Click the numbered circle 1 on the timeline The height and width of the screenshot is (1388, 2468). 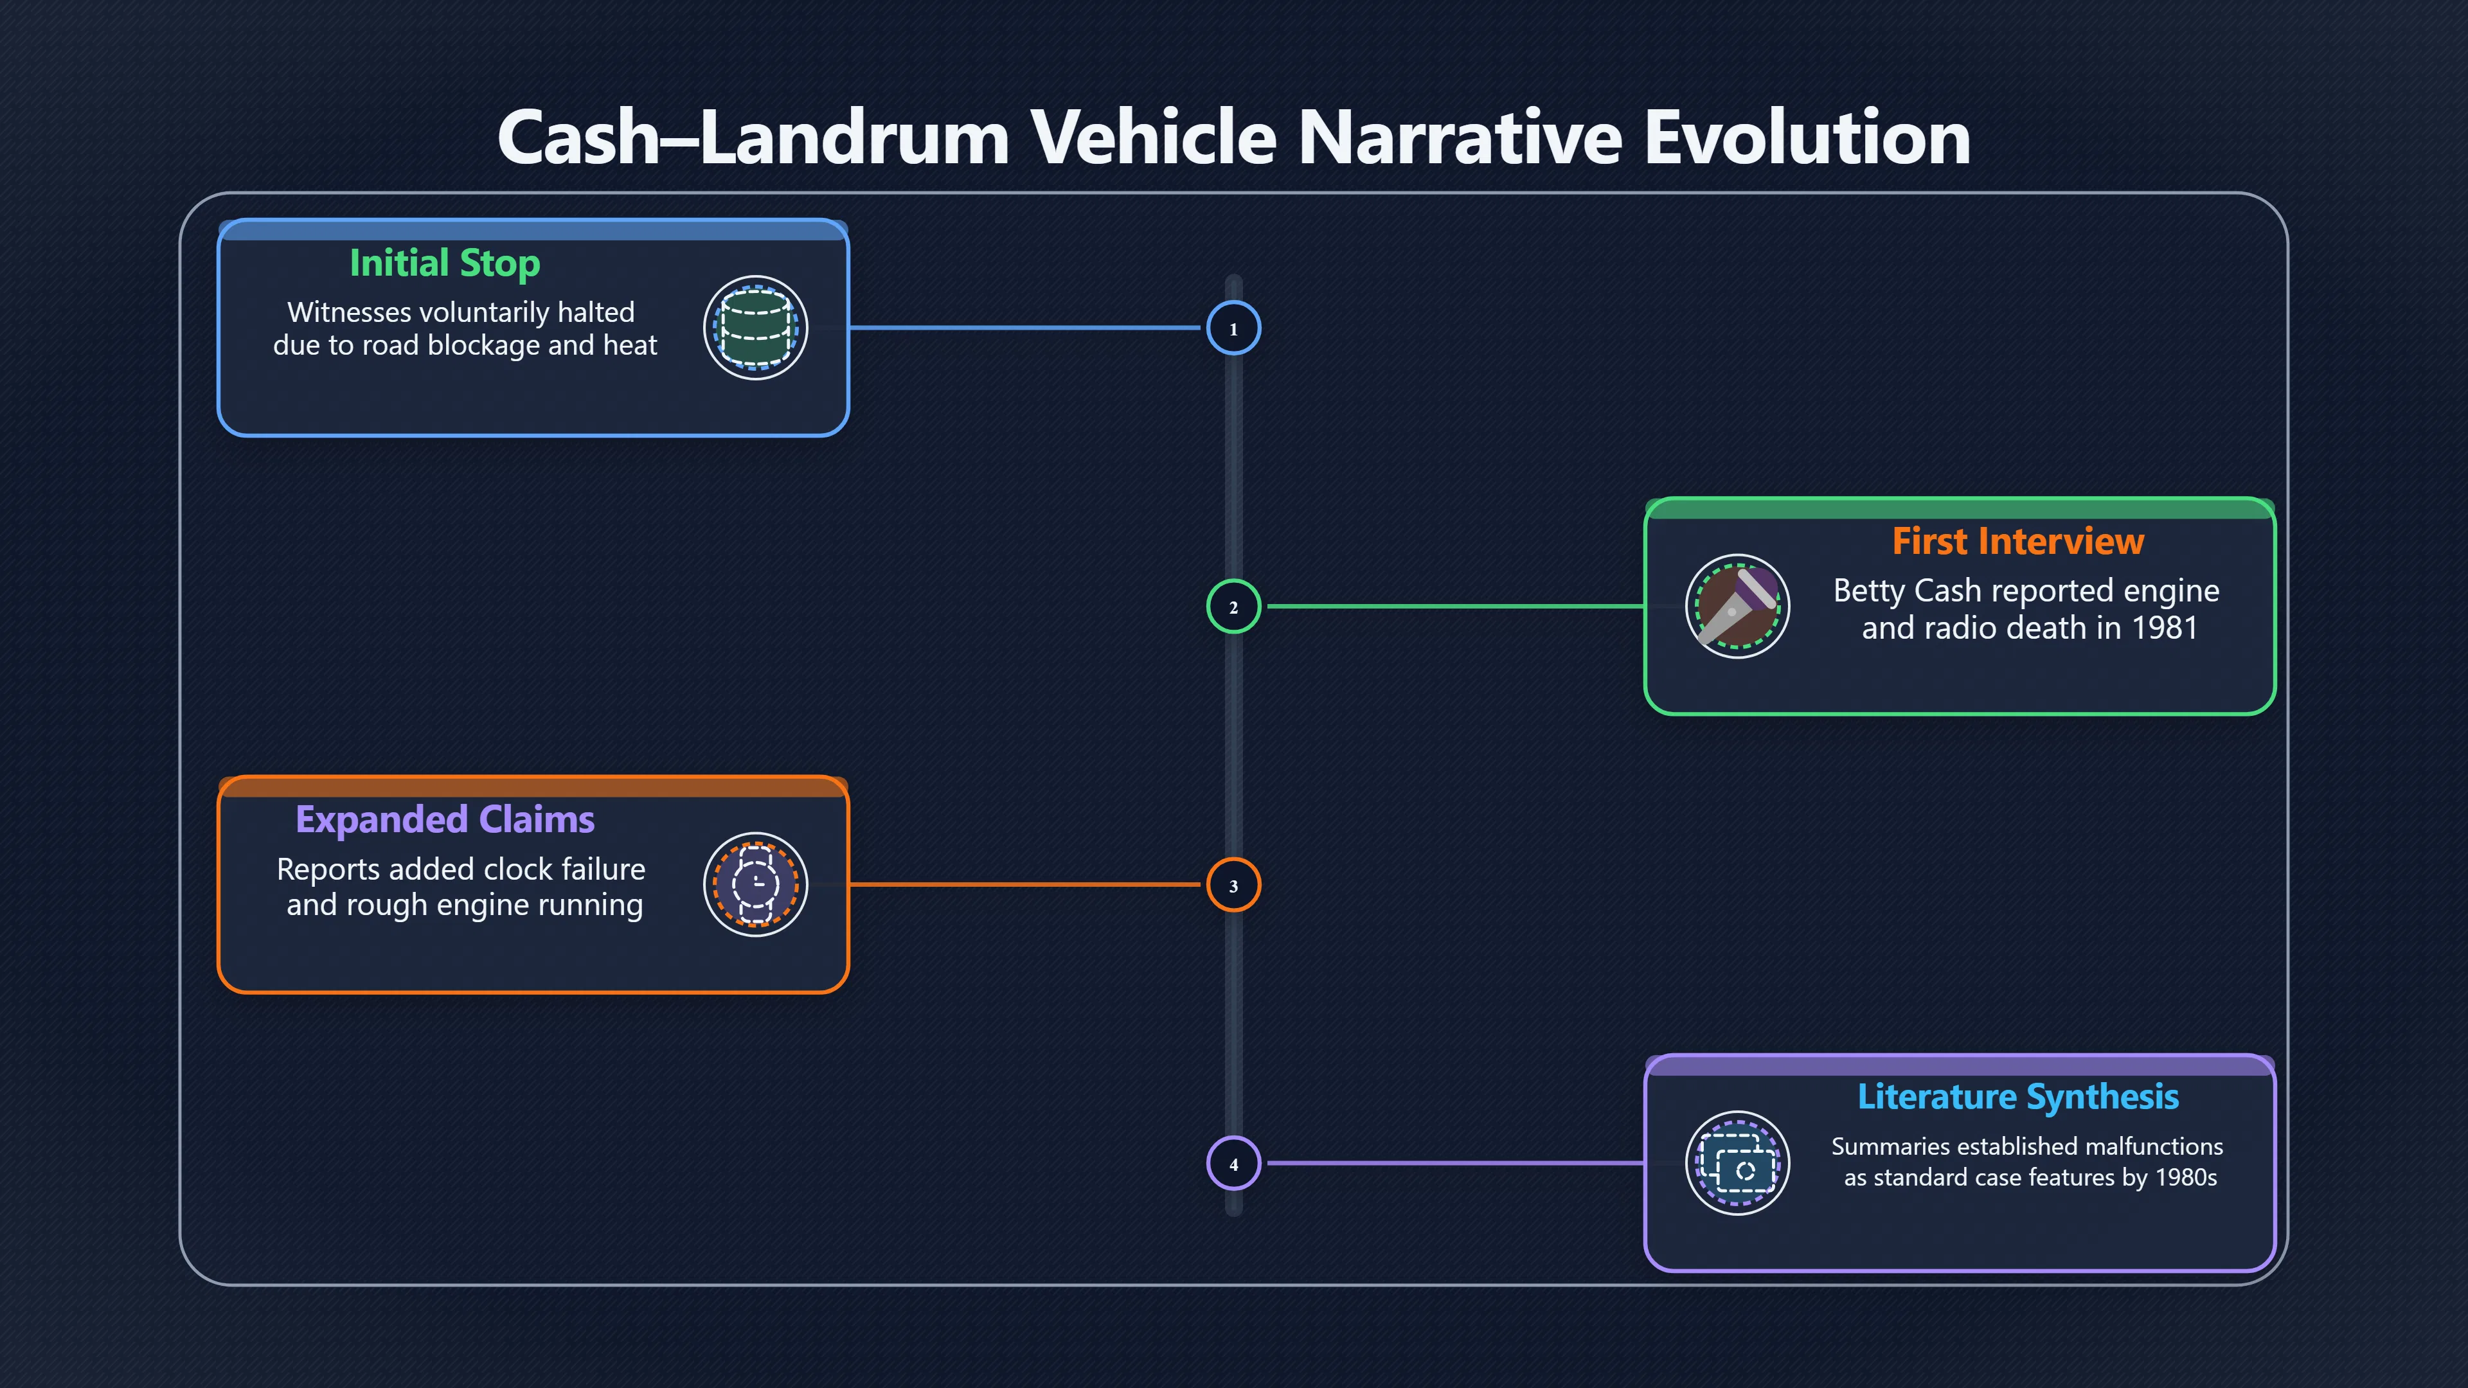(1233, 328)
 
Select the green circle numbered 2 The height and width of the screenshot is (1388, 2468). (1233, 607)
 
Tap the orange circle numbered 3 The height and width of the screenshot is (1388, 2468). (1233, 885)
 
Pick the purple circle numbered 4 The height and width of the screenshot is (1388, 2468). (1233, 1164)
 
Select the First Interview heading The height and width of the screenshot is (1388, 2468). (2017, 541)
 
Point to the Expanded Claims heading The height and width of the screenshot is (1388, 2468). (445, 820)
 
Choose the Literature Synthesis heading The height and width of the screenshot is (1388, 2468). (2017, 1098)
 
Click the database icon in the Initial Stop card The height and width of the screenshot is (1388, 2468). (756, 328)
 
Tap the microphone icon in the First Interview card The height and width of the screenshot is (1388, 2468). (1737, 607)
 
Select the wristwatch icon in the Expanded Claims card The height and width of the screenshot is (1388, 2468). (756, 884)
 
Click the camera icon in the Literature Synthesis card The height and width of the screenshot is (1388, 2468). (1737, 1163)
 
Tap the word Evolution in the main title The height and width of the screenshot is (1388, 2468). (1807, 137)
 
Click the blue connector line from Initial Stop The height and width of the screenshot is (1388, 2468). (1025, 328)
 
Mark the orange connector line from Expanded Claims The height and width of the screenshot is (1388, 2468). (1025, 884)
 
